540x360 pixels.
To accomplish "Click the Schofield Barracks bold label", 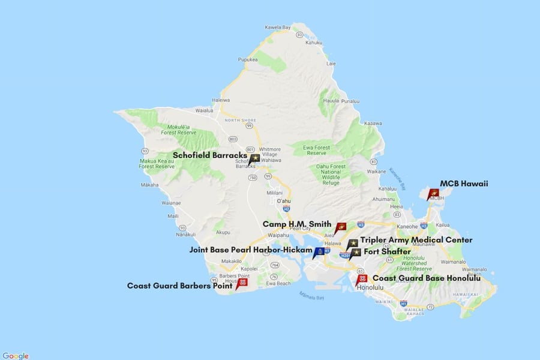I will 209,155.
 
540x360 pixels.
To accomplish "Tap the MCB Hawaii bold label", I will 464,184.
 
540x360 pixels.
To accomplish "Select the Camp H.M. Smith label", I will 296,224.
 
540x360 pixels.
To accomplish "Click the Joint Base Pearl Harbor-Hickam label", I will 251,250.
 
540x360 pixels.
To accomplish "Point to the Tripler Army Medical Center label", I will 416,240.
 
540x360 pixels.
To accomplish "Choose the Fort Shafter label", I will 387,251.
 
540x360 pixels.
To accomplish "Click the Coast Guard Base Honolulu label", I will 427,278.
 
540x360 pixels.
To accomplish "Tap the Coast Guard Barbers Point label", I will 179,286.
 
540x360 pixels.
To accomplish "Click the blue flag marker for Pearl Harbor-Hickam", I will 319,251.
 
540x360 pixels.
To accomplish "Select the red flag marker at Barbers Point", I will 242,282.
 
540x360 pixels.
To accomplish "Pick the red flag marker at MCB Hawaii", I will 433,193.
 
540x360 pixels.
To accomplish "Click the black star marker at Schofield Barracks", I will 255,158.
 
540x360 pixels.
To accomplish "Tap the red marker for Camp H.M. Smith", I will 341,227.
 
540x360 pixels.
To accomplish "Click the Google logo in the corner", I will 15,356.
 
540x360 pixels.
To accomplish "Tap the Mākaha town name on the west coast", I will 149,185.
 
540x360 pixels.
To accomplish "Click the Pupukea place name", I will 248,60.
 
